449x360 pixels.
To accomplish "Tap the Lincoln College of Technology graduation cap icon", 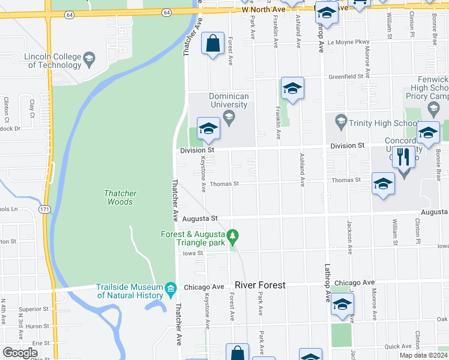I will pos(89,58).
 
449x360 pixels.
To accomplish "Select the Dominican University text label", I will pos(228,100).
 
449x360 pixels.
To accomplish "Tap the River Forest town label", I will pos(260,284).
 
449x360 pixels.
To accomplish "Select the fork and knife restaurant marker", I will pos(403,157).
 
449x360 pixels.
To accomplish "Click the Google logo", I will pos(20,352).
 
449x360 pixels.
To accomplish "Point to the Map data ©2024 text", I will pos(423,355).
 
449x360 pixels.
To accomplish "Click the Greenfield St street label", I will pos(346,77).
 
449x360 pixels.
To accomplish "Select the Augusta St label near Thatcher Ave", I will pos(200,219).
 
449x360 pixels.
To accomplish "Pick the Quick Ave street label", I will pos(399,347).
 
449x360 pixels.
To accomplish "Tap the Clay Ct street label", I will pos(32,107).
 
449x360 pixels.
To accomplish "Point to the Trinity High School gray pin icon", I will pos(341,121).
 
